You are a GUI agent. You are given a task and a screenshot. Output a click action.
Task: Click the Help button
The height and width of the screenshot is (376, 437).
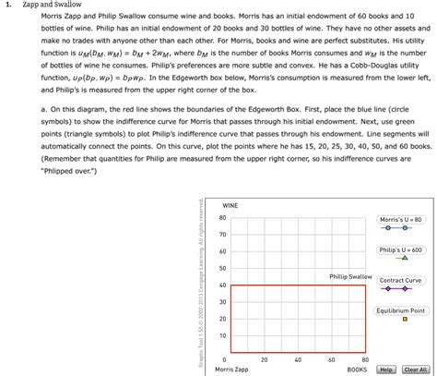[386, 370]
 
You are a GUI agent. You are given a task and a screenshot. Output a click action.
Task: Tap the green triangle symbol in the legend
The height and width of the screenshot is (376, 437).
[403, 259]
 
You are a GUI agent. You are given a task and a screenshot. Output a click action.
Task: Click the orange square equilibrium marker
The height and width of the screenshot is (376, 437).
[403, 320]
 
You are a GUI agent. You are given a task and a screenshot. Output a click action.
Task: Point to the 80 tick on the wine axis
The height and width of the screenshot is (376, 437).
[222, 218]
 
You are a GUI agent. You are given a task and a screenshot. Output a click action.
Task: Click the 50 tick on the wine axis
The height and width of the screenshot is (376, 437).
[222, 269]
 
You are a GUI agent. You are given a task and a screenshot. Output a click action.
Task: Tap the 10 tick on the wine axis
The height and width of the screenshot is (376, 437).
[222, 335]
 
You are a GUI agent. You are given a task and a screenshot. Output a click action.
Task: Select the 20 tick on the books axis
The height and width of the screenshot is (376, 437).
[265, 359]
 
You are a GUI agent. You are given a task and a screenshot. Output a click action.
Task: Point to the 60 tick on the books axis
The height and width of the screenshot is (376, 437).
[332, 359]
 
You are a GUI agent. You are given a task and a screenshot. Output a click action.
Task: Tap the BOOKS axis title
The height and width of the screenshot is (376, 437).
[357, 370]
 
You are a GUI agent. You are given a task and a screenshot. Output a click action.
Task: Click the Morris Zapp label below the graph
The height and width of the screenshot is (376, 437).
[231, 370]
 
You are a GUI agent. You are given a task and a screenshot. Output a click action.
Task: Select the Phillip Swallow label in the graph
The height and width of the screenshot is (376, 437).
[350, 276]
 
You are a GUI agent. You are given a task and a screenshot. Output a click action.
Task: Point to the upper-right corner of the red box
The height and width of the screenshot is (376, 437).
[366, 285]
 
